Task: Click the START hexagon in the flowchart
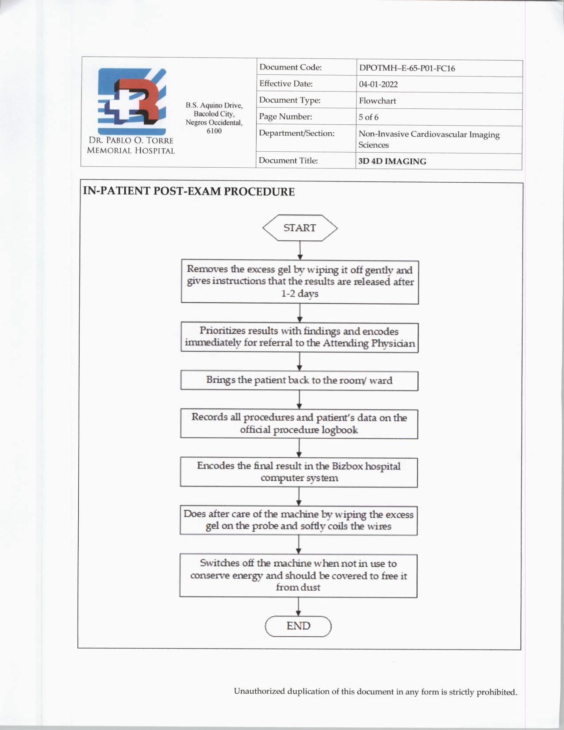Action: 300,228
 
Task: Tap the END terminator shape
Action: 298,626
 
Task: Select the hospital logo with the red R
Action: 132,101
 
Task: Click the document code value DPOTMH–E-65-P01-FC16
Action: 407,69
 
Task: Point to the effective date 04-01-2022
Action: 378,85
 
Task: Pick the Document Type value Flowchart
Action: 377,101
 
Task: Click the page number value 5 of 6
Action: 368,117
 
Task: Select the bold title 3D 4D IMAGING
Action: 392,161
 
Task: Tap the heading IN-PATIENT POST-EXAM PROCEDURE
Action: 189,192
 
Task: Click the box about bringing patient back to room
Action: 299,380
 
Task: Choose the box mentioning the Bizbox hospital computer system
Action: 299,472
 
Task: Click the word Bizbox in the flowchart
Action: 347,466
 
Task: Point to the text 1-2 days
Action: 299,293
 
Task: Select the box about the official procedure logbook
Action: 299,423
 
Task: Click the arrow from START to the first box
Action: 300,251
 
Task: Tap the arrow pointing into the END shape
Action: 299,607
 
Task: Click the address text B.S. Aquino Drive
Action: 214,105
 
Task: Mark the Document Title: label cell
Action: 288,161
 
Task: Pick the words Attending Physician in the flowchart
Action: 369,343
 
